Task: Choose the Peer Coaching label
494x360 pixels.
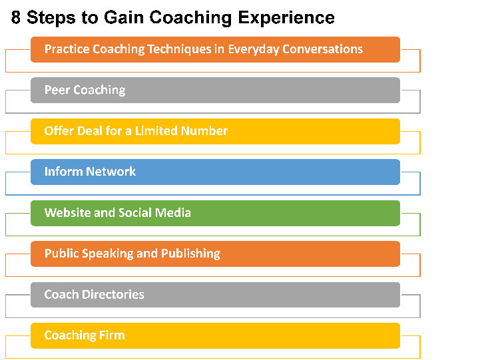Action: pos(85,90)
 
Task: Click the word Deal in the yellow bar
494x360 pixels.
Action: pos(89,131)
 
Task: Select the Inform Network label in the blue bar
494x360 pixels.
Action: pos(90,172)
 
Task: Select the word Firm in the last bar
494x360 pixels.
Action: pos(111,335)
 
